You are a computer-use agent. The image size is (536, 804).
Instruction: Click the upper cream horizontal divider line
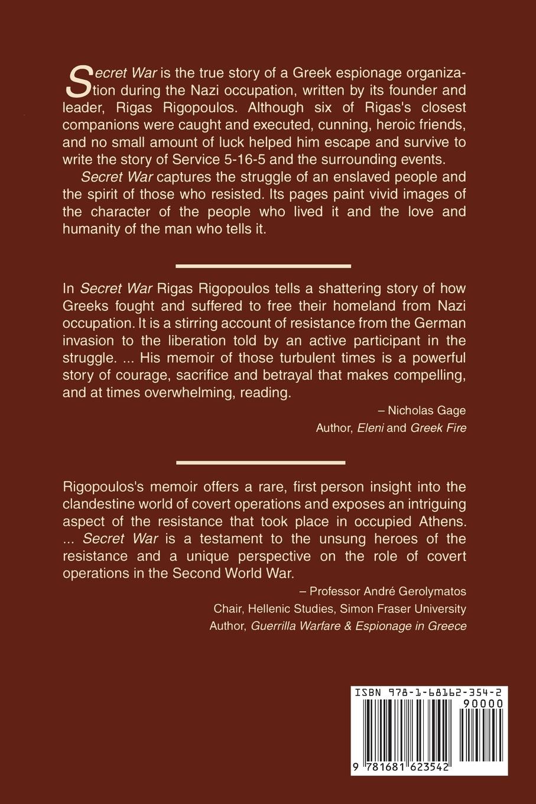(264, 266)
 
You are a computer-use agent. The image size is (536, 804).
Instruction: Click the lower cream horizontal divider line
(261, 462)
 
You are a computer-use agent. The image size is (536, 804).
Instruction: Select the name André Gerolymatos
(419, 591)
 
